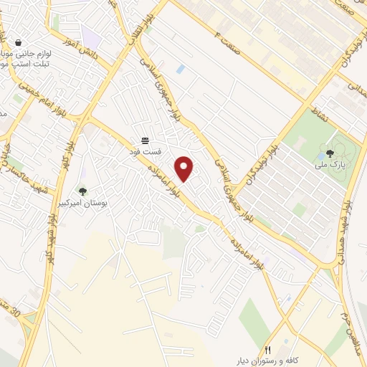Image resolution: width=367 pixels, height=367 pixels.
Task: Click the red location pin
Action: click(x=185, y=168)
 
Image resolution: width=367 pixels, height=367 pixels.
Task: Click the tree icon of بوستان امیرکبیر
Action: click(x=82, y=191)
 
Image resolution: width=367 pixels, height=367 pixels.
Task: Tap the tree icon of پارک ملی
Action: click(x=330, y=153)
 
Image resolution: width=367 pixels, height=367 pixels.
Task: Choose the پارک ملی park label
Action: click(x=330, y=165)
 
